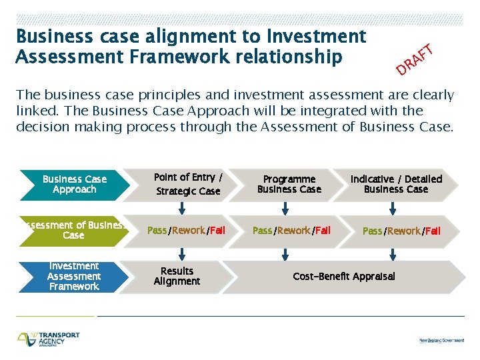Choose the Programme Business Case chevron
(289, 185)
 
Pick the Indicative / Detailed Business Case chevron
(396, 185)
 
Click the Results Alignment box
(177, 276)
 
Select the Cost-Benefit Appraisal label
(344, 276)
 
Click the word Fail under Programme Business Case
(323, 231)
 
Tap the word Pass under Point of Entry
(157, 231)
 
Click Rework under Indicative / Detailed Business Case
(403, 231)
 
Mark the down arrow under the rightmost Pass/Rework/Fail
(393, 254)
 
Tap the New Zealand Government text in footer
(441, 340)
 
